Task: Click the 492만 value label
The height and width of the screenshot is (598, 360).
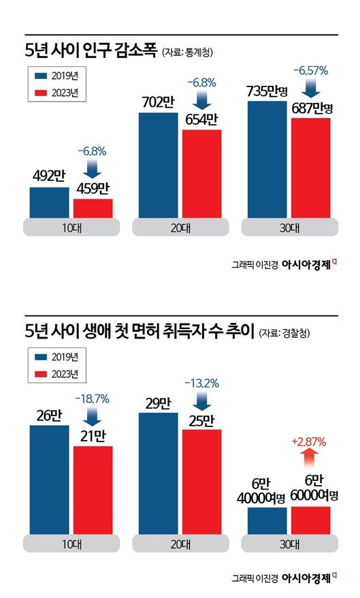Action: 48,176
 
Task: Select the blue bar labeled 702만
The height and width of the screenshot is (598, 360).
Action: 158,166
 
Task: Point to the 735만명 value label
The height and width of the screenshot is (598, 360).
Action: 267,92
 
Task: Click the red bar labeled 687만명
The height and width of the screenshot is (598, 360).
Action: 311,168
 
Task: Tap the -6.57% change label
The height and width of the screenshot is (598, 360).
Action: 310,70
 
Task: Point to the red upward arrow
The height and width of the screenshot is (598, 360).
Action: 310,454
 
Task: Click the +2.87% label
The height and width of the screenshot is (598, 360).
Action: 310,440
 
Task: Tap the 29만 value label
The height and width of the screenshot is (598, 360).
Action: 158,402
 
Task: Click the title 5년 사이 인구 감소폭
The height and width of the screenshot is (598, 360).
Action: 91,50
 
